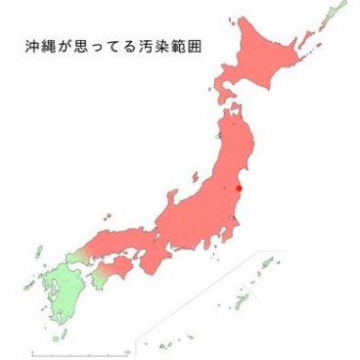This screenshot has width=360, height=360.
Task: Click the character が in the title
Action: click(x=68, y=45)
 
